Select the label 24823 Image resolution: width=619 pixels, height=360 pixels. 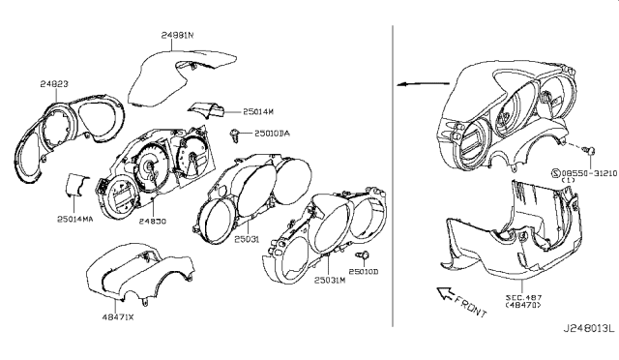(x=55, y=84)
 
